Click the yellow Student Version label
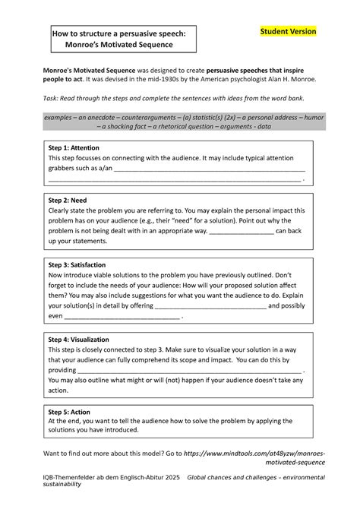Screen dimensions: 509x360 tap(288, 31)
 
